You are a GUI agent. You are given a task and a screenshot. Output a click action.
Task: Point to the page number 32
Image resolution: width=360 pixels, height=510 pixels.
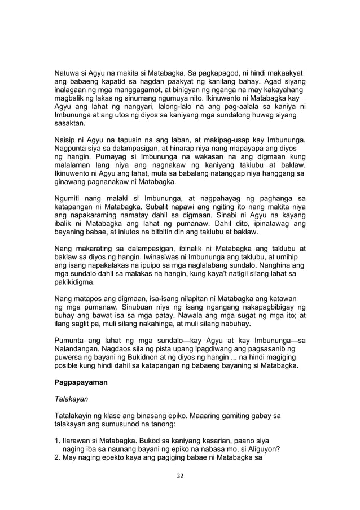(180, 476)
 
